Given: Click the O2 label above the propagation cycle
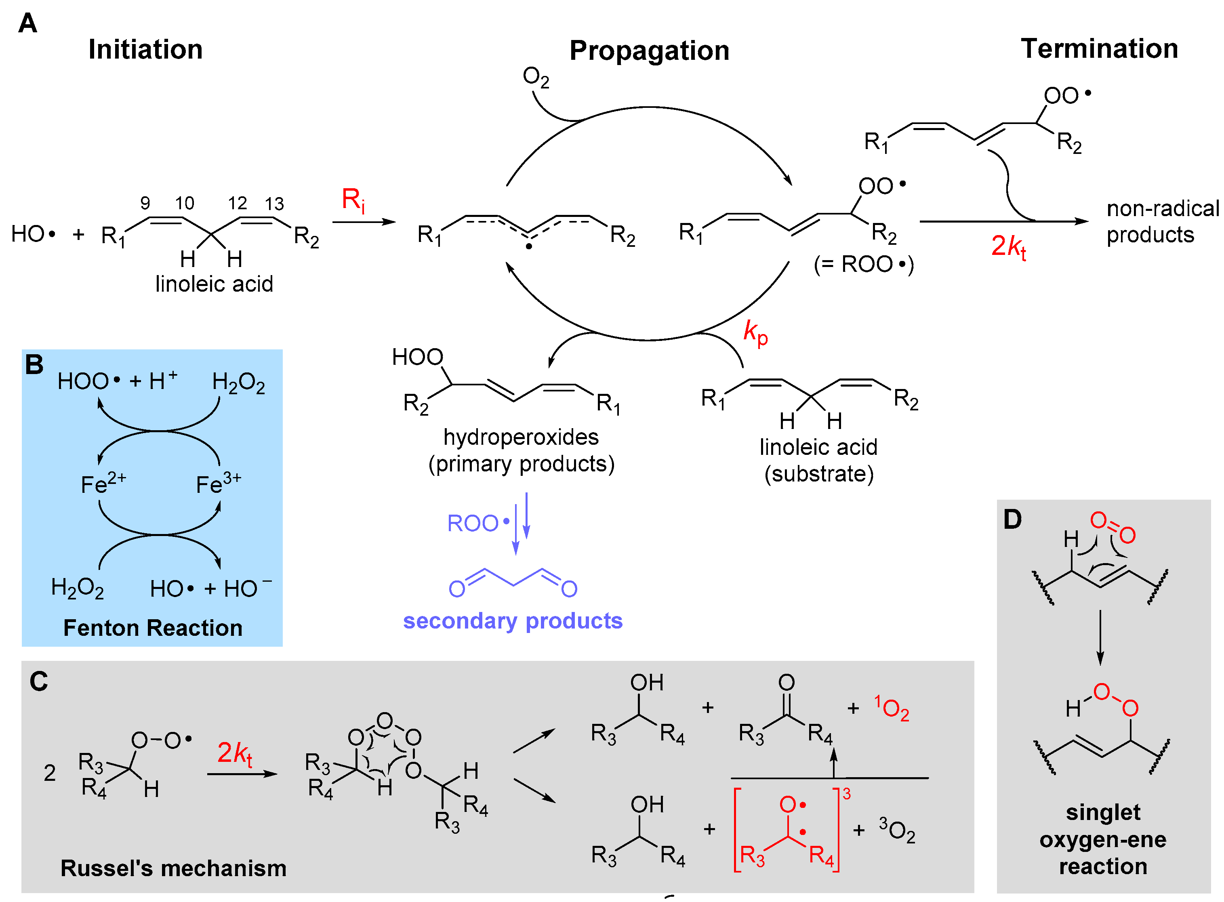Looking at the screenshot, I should tap(535, 77).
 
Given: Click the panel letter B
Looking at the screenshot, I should tap(34, 365).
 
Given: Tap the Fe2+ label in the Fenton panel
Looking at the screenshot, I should tap(103, 483).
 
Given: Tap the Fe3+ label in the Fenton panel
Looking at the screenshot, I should tap(218, 483).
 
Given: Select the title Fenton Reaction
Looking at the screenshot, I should tap(153, 628).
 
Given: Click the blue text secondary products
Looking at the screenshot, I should tap(512, 621).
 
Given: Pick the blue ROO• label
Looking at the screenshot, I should tap(477, 523).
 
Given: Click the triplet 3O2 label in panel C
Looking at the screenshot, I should tap(896, 830).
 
